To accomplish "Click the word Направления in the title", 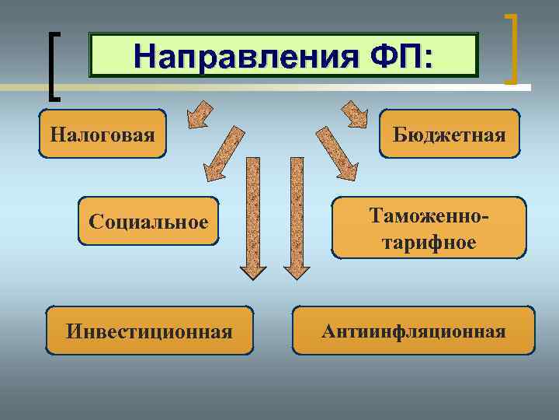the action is [233, 56].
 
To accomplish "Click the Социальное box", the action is [148, 222].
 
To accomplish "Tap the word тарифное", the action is [429, 242].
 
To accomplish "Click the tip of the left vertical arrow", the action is [252, 276].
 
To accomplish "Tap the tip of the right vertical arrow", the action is [296, 276].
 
